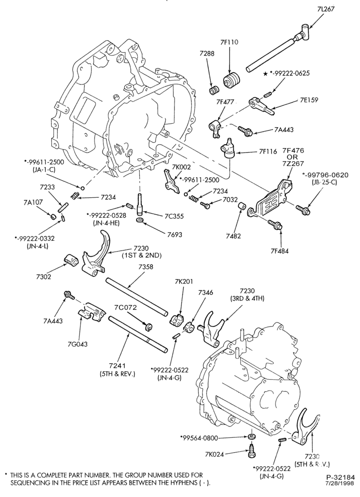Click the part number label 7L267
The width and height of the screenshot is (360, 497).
click(325, 9)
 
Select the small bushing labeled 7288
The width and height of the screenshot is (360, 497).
click(213, 90)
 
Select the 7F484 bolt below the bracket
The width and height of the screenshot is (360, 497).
click(275, 225)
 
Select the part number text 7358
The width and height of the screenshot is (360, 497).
click(145, 267)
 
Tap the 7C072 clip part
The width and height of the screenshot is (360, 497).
click(148, 326)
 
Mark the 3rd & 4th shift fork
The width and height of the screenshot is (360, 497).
click(211, 330)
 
